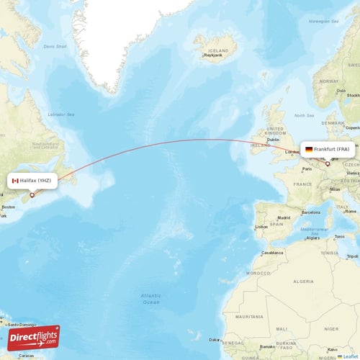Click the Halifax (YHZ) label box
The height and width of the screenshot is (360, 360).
click(x=32, y=181)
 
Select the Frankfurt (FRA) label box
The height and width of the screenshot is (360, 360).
click(x=327, y=149)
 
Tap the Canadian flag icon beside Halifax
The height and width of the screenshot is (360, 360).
click(x=15, y=181)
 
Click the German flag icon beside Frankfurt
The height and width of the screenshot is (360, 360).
click(x=309, y=149)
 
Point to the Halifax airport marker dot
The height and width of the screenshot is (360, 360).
click(x=32, y=194)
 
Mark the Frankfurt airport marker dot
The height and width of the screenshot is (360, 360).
click(x=328, y=163)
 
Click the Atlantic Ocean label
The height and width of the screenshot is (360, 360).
click(x=151, y=299)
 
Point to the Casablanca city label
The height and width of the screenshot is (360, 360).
click(x=272, y=253)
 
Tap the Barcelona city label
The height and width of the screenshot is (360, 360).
click(x=311, y=212)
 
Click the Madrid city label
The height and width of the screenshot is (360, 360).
click(x=284, y=217)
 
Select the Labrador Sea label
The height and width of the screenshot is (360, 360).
click(x=61, y=114)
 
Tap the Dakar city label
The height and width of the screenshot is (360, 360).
click(x=214, y=339)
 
